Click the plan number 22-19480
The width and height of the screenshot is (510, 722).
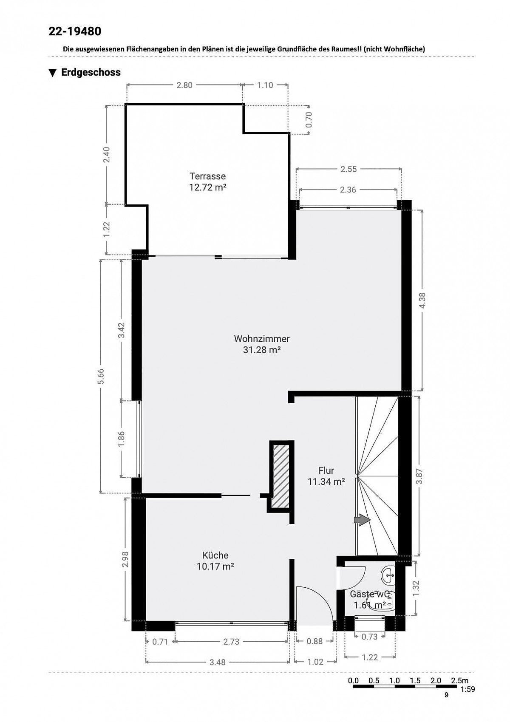point(74,31)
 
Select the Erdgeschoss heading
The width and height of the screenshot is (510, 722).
point(91,72)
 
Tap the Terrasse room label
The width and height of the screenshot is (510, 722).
point(207,176)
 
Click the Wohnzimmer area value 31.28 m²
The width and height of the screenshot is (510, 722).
point(261,350)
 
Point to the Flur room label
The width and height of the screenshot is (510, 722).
point(326,470)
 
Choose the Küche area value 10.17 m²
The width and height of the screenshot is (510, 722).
point(215,575)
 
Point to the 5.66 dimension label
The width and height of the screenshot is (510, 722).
point(101,376)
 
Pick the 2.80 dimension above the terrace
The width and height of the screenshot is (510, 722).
point(184,85)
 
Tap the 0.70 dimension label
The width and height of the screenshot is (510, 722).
point(309,119)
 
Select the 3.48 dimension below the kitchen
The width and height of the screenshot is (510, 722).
point(217,662)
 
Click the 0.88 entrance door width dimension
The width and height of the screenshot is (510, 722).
point(314,641)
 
